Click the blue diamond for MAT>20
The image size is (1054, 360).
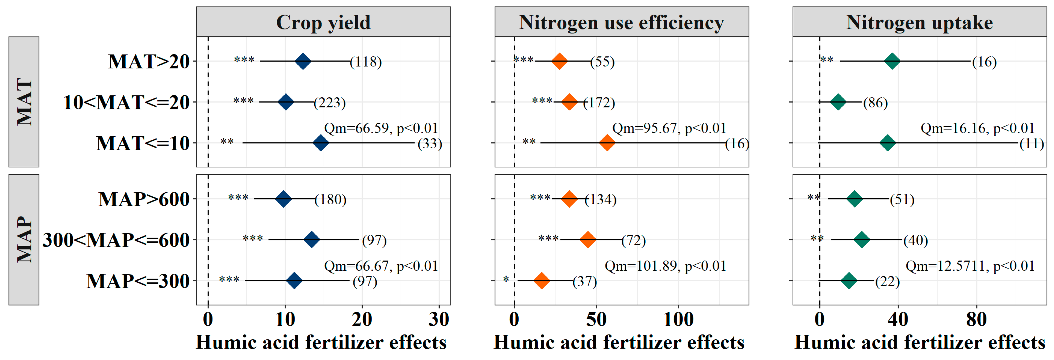tap(303, 61)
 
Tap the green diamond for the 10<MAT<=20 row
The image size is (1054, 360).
tap(838, 102)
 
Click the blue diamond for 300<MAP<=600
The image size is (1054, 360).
tap(311, 240)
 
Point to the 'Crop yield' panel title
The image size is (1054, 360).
tap(323, 22)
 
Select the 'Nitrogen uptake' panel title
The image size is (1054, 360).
tap(919, 22)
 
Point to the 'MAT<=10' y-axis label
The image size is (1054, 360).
tap(143, 143)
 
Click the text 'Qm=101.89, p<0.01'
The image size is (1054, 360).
tap(665, 266)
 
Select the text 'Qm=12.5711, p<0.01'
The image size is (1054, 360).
tap(970, 266)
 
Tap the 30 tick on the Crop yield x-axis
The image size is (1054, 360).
tap(439, 319)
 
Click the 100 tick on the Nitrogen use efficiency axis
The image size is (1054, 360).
tap(678, 319)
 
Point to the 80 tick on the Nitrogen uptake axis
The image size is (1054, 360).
tap(976, 319)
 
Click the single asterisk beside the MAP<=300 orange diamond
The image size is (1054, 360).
tap(506, 280)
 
